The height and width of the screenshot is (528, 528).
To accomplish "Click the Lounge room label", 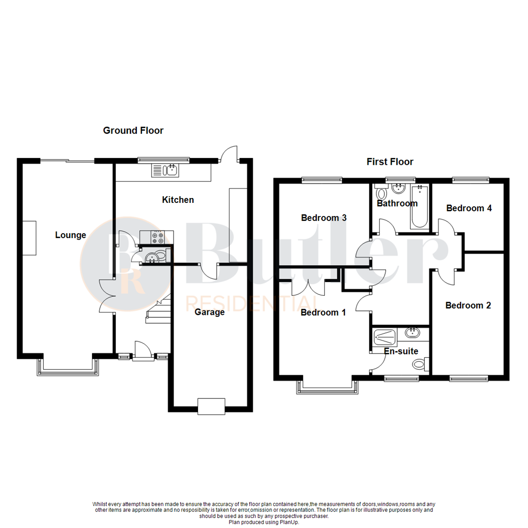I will click(70, 235).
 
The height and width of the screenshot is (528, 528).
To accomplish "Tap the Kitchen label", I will click(178, 200).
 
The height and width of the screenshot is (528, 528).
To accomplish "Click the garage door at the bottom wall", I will click(211, 406).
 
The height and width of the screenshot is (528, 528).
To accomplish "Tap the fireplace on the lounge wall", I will click(29, 238).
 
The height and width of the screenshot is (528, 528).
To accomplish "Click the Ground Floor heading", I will click(133, 131).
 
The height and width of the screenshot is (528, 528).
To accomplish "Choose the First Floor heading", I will click(390, 162).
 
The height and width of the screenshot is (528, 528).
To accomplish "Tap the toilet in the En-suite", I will click(419, 364).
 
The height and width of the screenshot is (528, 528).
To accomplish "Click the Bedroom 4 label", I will click(468, 208).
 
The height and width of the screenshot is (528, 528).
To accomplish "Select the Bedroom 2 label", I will click(468, 306).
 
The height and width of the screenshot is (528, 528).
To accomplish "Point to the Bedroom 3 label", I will click(324, 218).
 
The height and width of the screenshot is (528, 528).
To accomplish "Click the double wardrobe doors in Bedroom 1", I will click(309, 287).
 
